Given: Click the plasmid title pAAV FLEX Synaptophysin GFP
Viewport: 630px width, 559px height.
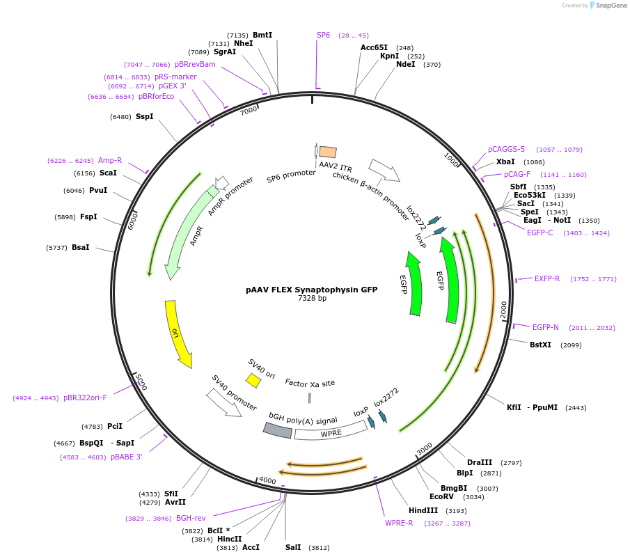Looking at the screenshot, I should point(311,290).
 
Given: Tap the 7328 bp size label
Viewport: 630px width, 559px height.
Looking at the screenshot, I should point(311,299).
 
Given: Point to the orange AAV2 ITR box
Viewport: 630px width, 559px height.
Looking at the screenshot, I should point(328,151).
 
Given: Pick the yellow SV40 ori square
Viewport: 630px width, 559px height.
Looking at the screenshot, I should point(253,380).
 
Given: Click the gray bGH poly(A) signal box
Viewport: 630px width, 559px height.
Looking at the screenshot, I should point(277,430).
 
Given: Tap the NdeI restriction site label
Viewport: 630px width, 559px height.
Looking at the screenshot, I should point(405,64).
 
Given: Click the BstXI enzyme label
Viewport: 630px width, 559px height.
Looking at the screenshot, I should point(540,345).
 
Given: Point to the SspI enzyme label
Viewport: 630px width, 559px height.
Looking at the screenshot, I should point(145,116).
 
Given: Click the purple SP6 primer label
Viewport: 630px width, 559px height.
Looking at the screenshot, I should point(323,35).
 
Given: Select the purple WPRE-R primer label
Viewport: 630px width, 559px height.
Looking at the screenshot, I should point(399,523).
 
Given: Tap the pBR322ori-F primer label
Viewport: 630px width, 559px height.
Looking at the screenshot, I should point(85,397).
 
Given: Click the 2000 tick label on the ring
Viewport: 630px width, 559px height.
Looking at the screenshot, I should point(504,310).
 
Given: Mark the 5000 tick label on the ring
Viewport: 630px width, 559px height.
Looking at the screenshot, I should point(141,381).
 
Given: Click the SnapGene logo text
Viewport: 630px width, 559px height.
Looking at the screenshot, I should point(611,6).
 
